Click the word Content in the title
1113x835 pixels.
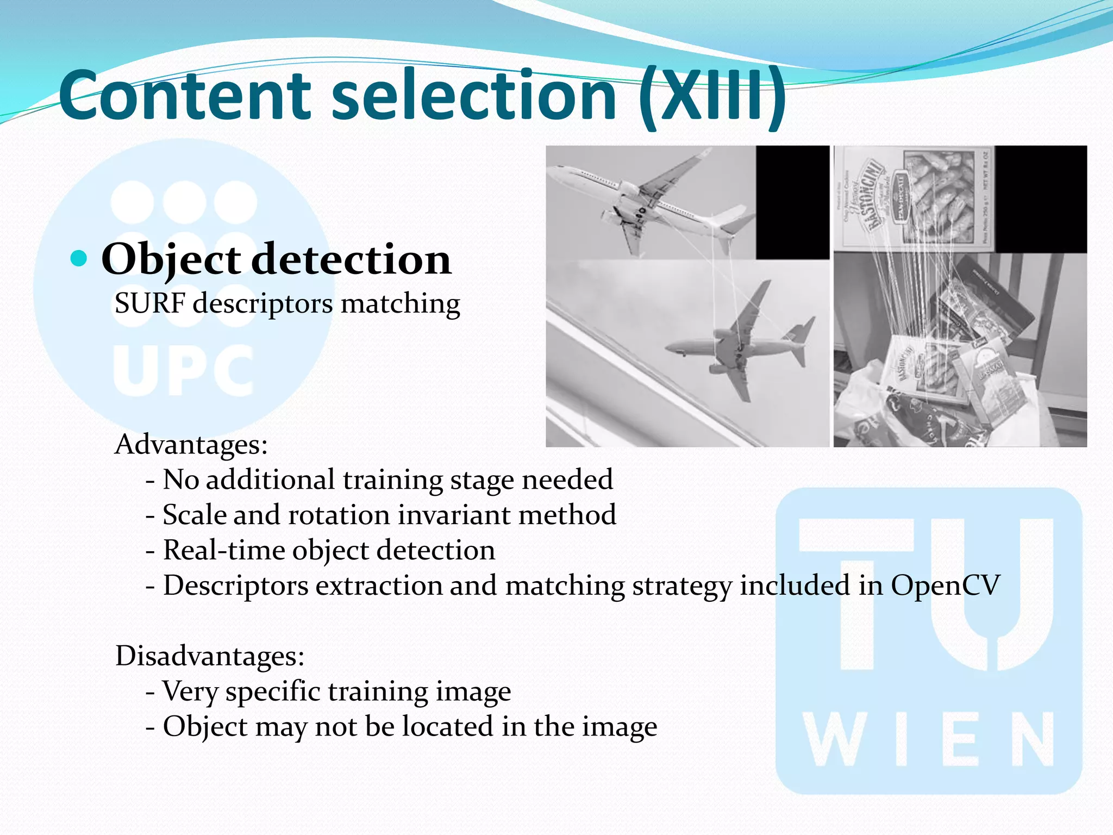[185, 96]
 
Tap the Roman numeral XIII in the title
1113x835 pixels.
[712, 96]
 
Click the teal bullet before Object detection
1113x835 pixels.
[79, 258]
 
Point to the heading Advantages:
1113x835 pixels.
[191, 445]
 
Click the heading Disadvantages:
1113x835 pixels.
[210, 656]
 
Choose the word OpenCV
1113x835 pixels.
[945, 586]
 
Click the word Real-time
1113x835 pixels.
[223, 551]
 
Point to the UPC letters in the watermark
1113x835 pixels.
[184, 371]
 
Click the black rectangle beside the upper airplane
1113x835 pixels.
[792, 202]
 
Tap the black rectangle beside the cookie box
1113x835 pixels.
[1040, 198]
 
